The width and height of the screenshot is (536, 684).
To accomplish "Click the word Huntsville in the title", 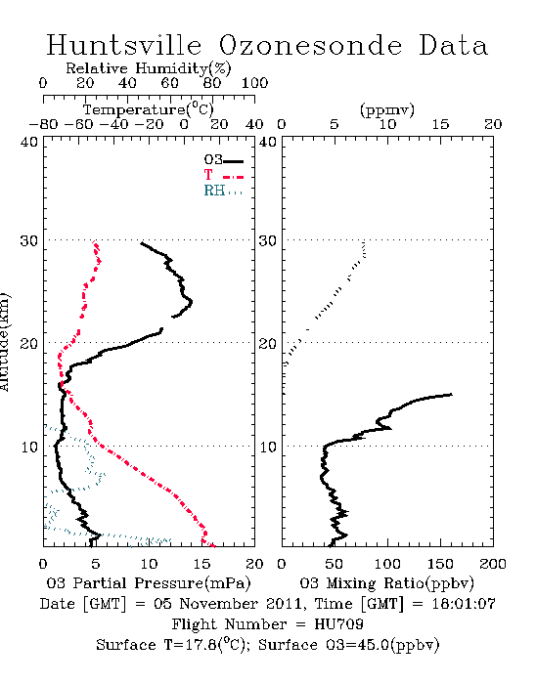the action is (124, 45).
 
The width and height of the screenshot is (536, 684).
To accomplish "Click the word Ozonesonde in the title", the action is (310, 45).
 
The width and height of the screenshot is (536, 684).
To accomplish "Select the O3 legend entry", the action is (223, 160).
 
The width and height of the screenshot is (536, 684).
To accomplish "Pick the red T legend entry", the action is (223, 176).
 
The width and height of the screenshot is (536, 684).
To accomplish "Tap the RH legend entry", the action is (223, 192).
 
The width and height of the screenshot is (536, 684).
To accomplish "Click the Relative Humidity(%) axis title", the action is (149, 68).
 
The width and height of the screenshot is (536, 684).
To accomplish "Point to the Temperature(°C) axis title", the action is (149, 109).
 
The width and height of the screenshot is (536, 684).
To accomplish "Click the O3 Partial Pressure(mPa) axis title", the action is (149, 583).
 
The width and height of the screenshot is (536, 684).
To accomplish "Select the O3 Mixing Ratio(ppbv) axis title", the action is (386, 583).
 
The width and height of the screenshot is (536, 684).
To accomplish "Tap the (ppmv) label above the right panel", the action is (387, 109).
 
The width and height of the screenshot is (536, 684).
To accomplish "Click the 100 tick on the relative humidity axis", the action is (254, 83).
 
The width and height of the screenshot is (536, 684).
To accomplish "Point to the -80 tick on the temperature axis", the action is (43, 125).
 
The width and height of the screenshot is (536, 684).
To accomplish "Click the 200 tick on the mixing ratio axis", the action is (493, 564).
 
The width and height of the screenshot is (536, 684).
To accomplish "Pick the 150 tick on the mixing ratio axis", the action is (440, 564).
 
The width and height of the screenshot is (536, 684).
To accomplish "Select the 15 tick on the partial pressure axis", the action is (201, 564).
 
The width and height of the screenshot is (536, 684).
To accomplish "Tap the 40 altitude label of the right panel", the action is (268, 143).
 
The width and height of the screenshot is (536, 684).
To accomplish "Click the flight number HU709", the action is (339, 624).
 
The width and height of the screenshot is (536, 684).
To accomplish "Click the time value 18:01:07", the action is (464, 604).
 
